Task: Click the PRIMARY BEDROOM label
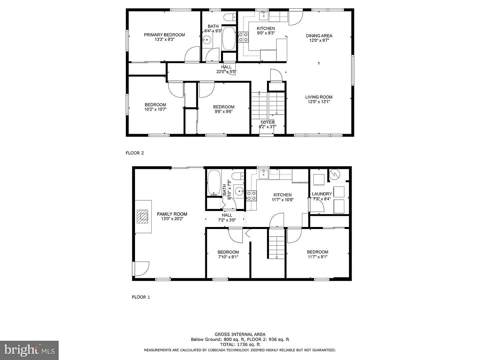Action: coord(164,35)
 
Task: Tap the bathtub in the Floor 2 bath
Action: coord(229,39)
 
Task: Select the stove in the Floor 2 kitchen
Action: coord(243,37)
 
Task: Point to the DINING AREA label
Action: coord(319,36)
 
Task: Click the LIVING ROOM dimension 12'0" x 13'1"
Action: coord(319,102)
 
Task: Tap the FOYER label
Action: coord(267,122)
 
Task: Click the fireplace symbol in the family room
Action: coord(142,216)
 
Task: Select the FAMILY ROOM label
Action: coord(172,214)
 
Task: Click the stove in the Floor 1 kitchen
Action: coord(251,196)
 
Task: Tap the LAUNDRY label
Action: coord(322,194)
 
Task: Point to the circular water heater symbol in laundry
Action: coord(335,174)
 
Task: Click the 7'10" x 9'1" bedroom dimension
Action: coord(228,257)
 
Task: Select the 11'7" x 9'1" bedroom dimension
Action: coord(318,257)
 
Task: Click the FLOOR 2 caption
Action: coord(135,153)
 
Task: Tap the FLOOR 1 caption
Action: coord(141,297)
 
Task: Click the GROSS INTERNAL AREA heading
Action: coord(240,334)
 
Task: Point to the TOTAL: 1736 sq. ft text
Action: coord(240,345)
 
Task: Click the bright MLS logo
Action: coord(29,350)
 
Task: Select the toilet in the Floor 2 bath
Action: coord(230,17)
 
